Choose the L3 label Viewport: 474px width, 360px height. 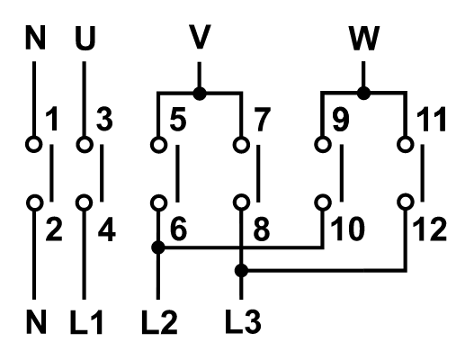242,319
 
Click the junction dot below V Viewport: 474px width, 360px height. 199,92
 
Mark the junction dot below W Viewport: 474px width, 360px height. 363,92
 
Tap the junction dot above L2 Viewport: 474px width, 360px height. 158,246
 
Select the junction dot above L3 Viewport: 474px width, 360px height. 240,270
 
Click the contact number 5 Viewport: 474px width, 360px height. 178,120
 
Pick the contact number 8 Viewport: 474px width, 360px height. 260,229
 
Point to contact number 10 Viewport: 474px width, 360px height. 346,229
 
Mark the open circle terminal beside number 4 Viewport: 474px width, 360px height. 83,202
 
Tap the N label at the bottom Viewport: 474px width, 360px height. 33,319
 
